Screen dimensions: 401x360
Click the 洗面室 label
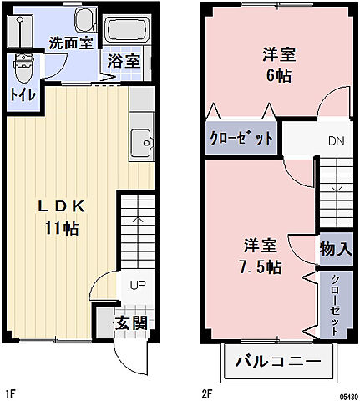pos(69,43)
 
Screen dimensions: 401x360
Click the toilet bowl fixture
pos(23,64)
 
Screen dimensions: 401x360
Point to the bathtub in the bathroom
pos(128,31)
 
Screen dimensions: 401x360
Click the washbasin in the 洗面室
pos(84,21)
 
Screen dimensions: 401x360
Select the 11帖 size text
pos(62,228)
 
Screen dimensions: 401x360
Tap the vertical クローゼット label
pos(334,304)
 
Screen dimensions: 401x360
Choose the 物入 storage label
pos(334,249)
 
